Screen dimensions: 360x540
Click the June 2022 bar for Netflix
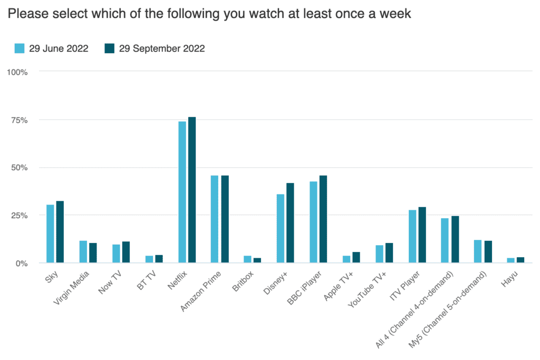(x=182, y=192)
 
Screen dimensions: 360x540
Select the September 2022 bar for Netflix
(x=192, y=190)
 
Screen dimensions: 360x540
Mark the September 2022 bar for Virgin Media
(x=93, y=252)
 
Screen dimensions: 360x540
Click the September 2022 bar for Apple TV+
(x=356, y=257)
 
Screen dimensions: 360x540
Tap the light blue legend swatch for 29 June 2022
(x=20, y=48)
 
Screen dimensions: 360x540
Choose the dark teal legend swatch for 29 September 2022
(x=109, y=48)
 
